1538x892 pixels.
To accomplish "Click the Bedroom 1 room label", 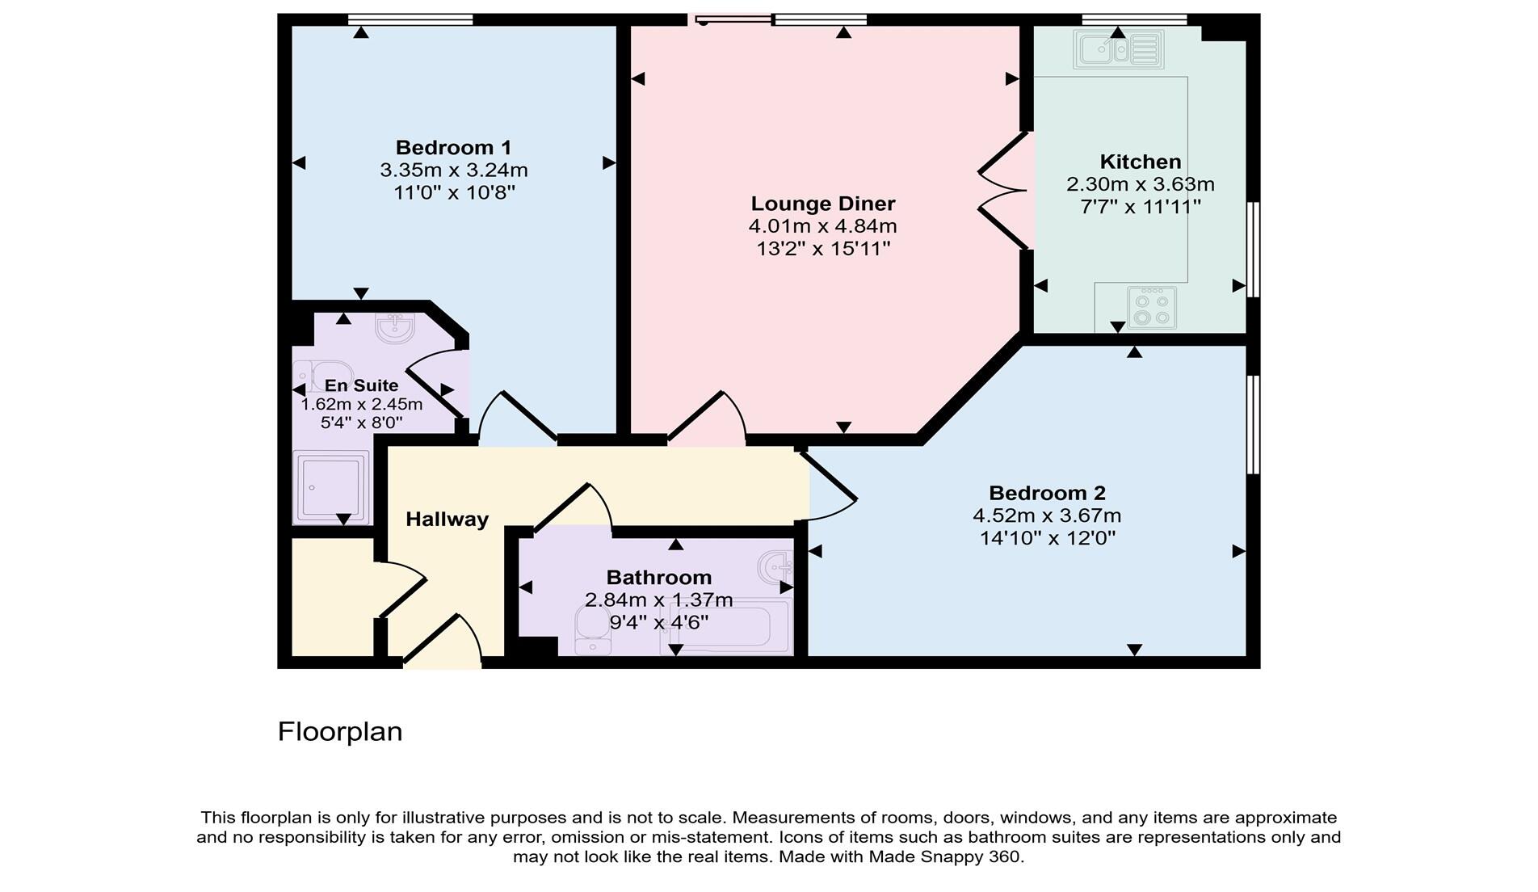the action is pyautogui.click(x=453, y=148).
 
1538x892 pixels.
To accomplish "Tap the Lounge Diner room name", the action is pyautogui.click(x=823, y=204).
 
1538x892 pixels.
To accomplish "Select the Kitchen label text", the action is pyautogui.click(x=1141, y=162).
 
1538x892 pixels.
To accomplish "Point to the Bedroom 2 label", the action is pyautogui.click(x=1047, y=493).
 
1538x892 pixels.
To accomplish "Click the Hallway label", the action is pyautogui.click(x=447, y=520).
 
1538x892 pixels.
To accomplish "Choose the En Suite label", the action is pyautogui.click(x=361, y=385).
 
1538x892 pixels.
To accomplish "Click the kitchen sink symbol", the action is pyautogui.click(x=1119, y=50).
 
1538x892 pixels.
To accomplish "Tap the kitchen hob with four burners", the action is pyautogui.click(x=1152, y=308).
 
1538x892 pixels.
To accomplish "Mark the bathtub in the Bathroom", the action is pyautogui.click(x=725, y=626).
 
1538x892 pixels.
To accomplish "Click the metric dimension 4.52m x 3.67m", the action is pyautogui.click(x=1047, y=515).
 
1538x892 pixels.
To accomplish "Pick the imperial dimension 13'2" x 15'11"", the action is pyautogui.click(x=823, y=248).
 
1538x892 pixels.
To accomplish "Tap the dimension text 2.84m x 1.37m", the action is pyautogui.click(x=659, y=600).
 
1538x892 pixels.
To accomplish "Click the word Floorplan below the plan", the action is pyautogui.click(x=340, y=732).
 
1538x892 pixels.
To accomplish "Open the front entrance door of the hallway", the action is pyautogui.click(x=442, y=642).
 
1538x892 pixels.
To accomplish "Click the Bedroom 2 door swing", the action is pyautogui.click(x=827, y=486).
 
